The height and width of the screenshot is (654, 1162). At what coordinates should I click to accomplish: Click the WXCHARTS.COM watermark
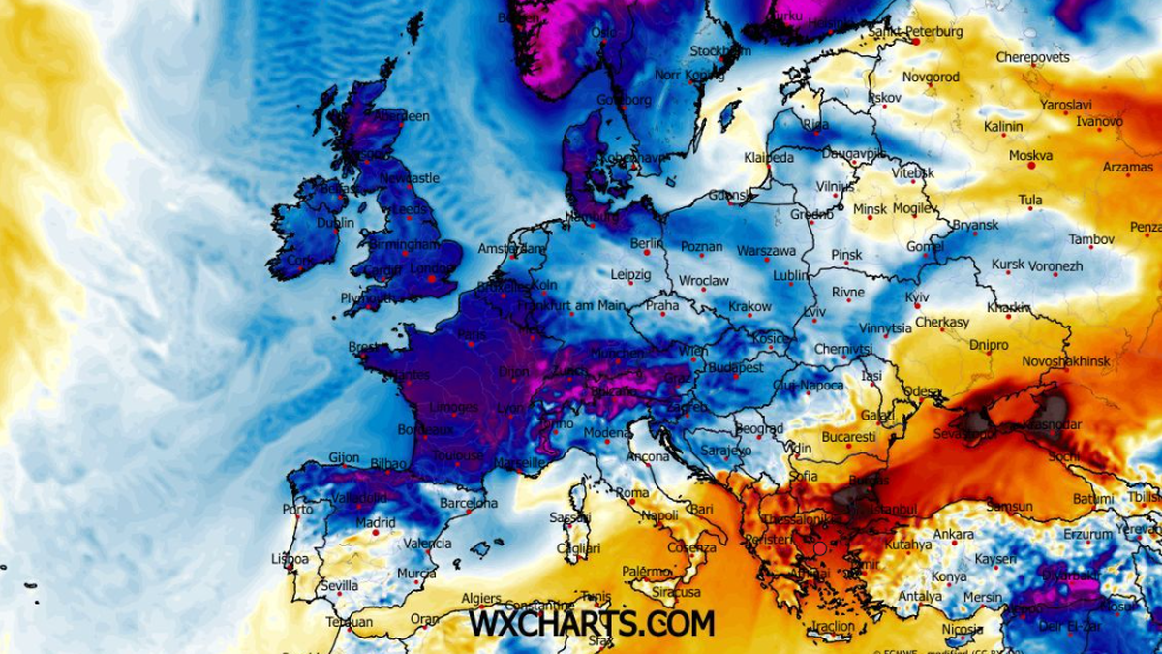pos(592,622)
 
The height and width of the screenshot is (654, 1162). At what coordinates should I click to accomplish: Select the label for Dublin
pos(335,222)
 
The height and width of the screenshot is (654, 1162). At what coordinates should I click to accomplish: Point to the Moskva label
pos(1030,155)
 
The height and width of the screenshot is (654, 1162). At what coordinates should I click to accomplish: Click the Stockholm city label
pos(720,50)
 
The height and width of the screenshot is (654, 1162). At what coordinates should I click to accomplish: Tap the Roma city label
pos(632,492)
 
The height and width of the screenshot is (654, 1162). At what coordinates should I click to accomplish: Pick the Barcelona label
pos(469,503)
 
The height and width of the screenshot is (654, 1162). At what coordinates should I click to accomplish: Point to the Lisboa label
pos(290,559)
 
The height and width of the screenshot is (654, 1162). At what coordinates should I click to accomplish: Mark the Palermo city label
pos(646,572)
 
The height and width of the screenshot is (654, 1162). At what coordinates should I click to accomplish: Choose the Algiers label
pos(481,599)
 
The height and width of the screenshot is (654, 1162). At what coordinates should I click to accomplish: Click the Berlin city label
pos(645,243)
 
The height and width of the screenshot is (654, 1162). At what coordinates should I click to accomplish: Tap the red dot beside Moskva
pos(1031,167)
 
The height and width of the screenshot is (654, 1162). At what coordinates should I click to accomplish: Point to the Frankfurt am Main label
pos(571,305)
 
